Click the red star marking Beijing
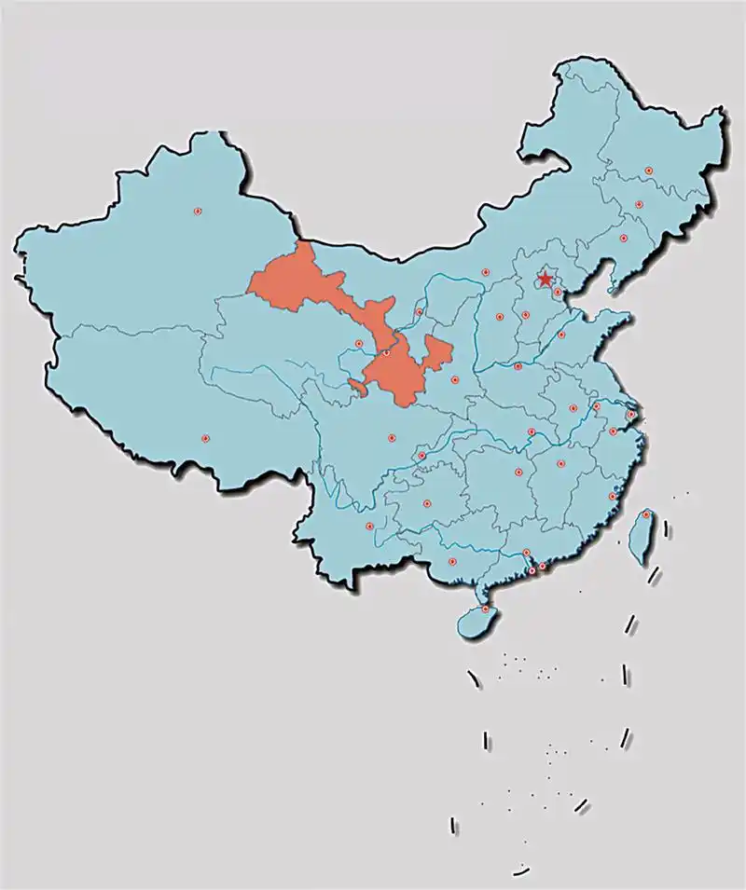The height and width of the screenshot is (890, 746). click(x=545, y=280)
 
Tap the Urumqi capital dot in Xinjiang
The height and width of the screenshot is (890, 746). click(x=198, y=212)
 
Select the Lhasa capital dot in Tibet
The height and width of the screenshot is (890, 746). click(x=205, y=439)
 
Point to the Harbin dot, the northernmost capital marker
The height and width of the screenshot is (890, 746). click(x=648, y=171)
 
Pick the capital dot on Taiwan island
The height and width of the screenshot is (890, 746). click(x=645, y=514)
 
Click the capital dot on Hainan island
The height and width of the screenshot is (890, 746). click(x=485, y=609)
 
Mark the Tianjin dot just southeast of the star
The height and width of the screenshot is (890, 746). click(x=558, y=293)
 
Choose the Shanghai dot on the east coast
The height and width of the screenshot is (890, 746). click(x=631, y=415)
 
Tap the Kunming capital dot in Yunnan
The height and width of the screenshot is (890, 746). click(x=370, y=527)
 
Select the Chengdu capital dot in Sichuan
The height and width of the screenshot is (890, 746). click(x=392, y=437)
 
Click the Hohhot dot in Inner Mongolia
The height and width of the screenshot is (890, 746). click(x=485, y=272)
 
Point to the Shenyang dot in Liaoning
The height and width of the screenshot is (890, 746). click(x=623, y=238)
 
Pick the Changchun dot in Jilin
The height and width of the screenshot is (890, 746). click(x=639, y=204)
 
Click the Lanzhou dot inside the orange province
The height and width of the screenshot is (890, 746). click(x=386, y=352)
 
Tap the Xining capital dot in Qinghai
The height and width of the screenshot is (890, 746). click(x=359, y=344)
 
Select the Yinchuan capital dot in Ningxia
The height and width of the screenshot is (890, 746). click(x=419, y=312)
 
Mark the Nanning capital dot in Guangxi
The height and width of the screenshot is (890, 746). click(x=452, y=562)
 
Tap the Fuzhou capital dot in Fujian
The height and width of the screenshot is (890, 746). click(x=613, y=497)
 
